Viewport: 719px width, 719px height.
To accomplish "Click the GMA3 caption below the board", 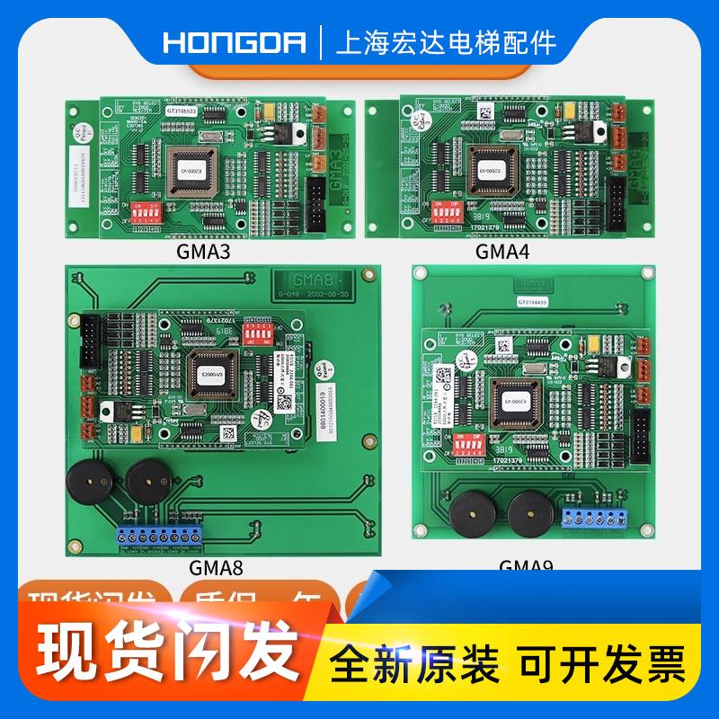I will coord(206,253).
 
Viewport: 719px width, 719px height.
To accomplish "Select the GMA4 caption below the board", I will coord(502,253).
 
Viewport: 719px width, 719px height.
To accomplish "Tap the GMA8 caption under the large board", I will coord(217,567).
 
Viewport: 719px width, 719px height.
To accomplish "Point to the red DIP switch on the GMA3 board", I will coord(146,212).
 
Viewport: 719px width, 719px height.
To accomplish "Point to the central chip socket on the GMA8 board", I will coord(211,371).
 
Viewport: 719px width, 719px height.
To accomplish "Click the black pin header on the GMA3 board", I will coord(316,201).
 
